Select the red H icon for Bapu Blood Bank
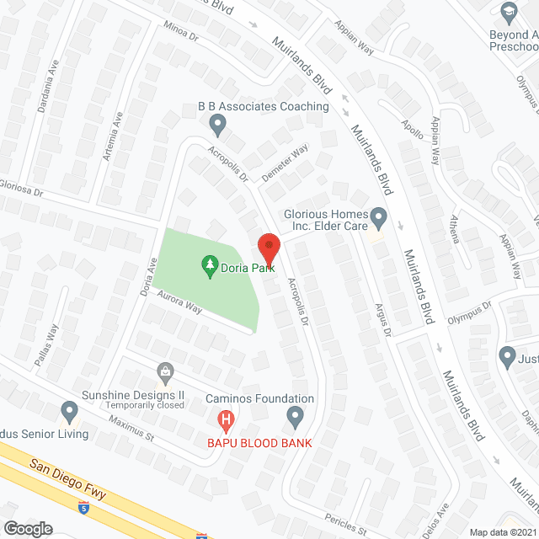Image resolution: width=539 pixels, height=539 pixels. point(226,419)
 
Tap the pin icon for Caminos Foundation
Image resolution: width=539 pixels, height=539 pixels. point(295,415)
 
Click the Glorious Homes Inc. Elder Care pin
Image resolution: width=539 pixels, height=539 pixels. point(379,221)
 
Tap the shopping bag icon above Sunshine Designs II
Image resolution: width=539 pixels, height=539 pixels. point(166,371)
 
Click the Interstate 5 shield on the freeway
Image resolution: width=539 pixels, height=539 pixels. point(83,507)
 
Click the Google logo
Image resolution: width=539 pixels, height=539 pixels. point(28,528)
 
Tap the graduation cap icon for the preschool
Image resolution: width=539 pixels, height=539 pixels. point(509,13)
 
